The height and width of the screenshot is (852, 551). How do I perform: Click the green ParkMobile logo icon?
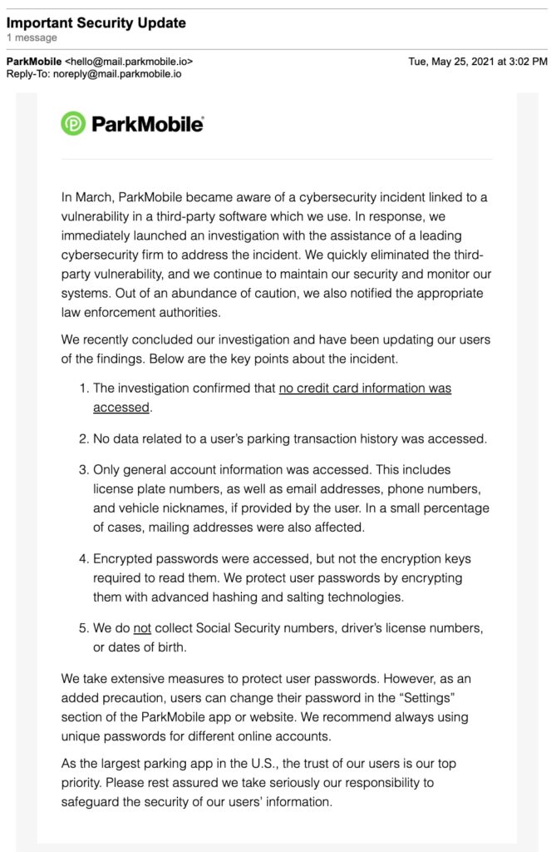click(73, 123)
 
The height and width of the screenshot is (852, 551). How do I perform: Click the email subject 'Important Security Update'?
click(96, 22)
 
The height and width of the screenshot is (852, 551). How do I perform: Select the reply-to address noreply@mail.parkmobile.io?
click(119, 73)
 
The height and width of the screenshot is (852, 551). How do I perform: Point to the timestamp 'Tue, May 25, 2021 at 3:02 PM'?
click(477, 62)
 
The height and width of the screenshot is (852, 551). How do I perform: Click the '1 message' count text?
click(32, 37)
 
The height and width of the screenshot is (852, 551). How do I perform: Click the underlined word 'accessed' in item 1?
click(121, 408)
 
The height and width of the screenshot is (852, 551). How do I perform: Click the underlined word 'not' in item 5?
click(142, 627)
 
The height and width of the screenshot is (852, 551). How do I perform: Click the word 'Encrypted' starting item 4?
click(122, 559)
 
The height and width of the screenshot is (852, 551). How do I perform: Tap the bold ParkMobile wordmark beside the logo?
click(147, 124)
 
